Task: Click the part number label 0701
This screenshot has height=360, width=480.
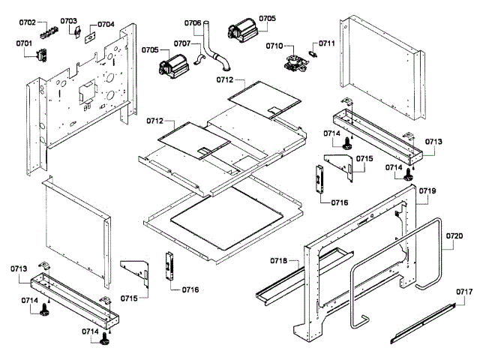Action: pyautogui.click(x=24, y=43)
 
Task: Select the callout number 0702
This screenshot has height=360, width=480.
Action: pyautogui.click(x=28, y=22)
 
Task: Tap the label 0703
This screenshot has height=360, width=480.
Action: pyautogui.click(x=68, y=21)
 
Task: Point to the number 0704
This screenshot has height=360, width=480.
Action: pyautogui.click(x=106, y=24)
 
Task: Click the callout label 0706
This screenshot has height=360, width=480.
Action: pyautogui.click(x=193, y=23)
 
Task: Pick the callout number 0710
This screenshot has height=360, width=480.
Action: pyautogui.click(x=274, y=46)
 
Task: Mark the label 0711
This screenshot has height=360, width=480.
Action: pyautogui.click(x=326, y=43)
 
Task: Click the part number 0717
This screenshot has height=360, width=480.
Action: pyautogui.click(x=465, y=291)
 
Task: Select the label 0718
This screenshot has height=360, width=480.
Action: pyautogui.click(x=279, y=260)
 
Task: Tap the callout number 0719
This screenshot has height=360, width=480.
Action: pyautogui.click(x=427, y=191)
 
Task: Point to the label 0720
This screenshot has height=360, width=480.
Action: pyautogui.click(x=454, y=235)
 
